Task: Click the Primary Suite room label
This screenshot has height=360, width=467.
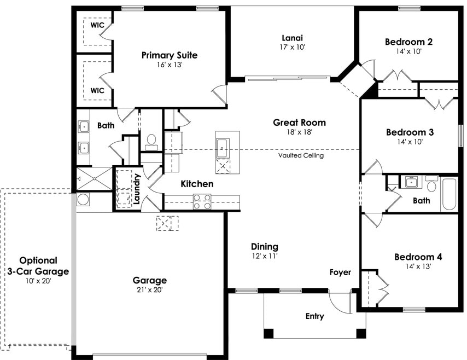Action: click(169, 55)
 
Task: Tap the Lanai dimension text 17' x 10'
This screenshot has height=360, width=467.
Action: click(293, 47)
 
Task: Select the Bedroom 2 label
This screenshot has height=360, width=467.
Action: click(408, 42)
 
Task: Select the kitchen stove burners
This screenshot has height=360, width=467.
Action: click(202, 202)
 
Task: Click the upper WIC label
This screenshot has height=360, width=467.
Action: click(97, 25)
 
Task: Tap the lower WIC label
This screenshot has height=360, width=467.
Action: click(97, 90)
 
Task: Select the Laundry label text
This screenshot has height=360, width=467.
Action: click(137, 189)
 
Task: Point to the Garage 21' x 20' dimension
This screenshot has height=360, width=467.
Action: click(149, 290)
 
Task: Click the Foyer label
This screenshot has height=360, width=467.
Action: click(340, 272)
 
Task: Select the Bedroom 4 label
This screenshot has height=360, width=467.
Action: click(418, 257)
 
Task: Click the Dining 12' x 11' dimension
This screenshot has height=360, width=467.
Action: click(264, 256)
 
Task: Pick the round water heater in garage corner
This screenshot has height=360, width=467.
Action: click(83, 199)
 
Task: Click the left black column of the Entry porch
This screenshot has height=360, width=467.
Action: click(268, 333)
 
